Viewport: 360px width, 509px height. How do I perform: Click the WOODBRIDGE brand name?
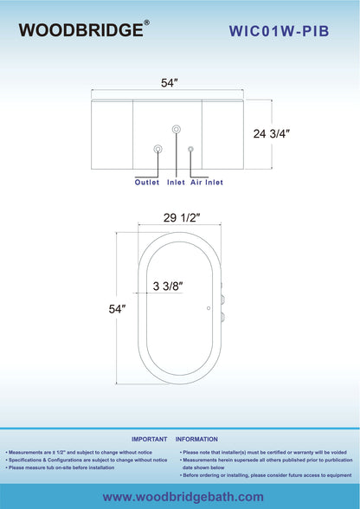coord(81,30)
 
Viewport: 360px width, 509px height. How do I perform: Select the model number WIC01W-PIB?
coord(280,31)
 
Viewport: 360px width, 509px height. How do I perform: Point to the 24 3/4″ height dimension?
coord(272,133)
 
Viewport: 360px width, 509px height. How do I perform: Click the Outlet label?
coord(147,182)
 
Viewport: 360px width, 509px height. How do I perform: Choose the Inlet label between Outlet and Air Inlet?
coord(176,182)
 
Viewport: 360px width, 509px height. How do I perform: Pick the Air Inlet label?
coord(207,182)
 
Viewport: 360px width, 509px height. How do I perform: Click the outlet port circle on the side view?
coord(157,149)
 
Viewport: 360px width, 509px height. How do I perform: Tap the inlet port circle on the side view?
coord(177,129)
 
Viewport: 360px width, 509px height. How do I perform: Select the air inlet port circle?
coord(190,149)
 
